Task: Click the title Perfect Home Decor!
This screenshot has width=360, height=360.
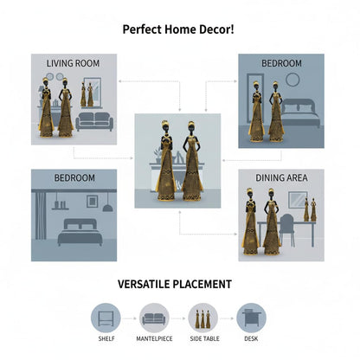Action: [x=178, y=29]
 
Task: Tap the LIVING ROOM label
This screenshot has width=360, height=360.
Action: [x=73, y=63]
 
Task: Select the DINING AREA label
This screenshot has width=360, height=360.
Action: [x=281, y=177]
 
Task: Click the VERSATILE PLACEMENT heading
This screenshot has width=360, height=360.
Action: [x=175, y=284]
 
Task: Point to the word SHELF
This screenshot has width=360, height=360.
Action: [x=106, y=338]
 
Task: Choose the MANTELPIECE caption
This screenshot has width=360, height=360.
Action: [x=154, y=338]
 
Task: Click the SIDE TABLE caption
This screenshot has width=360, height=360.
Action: [x=204, y=338]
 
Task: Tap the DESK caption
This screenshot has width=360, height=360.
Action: [x=251, y=338]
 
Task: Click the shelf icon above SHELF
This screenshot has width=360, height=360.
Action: [x=106, y=318]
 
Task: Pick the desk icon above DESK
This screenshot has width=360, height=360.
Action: [x=252, y=318]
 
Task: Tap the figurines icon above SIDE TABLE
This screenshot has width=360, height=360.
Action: [x=202, y=319]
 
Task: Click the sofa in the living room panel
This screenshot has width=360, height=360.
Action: [x=94, y=122]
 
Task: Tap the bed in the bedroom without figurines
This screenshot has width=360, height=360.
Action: [x=80, y=232]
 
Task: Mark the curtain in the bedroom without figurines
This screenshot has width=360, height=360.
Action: [x=41, y=215]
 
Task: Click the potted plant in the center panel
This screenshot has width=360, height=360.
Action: [x=158, y=155]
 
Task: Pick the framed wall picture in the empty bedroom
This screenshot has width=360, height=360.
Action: [x=92, y=202]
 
